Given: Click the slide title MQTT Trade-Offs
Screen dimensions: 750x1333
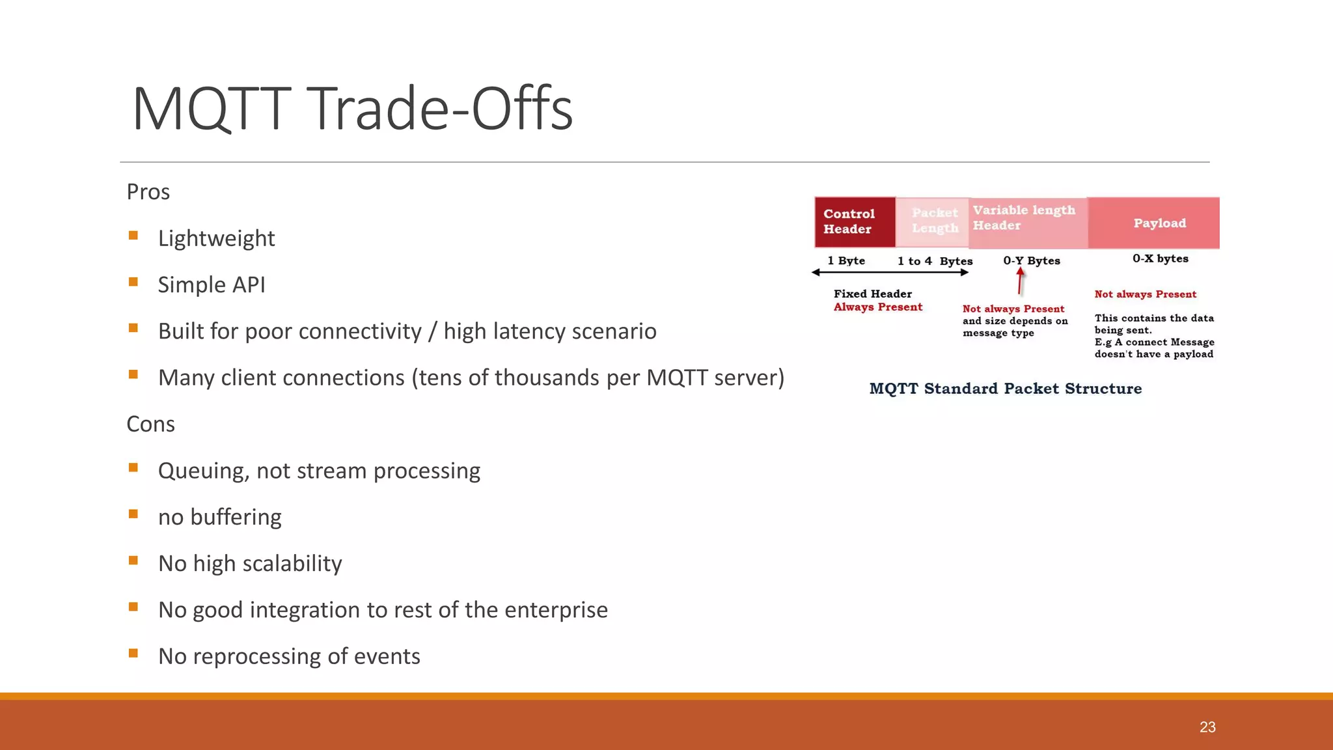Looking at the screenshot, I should (x=352, y=109).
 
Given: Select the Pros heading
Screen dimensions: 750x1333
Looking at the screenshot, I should (x=148, y=192).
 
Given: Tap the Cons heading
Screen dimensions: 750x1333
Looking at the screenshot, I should (x=150, y=424).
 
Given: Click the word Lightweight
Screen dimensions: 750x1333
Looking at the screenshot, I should (x=216, y=238).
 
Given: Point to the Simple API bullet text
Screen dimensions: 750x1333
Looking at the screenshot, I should (x=212, y=285).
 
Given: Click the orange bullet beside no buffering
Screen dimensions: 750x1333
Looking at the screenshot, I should (x=133, y=514).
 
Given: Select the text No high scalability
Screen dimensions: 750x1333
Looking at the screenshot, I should (x=250, y=564).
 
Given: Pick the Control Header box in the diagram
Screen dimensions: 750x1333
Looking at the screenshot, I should (x=855, y=222).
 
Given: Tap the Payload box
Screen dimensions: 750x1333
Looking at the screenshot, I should (x=1159, y=223).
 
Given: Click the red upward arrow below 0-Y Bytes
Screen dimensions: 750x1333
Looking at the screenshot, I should (x=1020, y=281).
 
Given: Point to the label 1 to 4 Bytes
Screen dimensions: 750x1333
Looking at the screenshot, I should (x=935, y=261).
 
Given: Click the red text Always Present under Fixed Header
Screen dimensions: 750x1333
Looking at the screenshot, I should (x=877, y=307).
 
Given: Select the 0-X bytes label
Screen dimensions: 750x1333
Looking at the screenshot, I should (x=1160, y=258).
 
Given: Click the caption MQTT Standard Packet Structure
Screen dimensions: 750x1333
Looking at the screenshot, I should (x=1005, y=389).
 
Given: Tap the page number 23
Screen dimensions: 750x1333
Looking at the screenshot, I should (x=1207, y=727).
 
